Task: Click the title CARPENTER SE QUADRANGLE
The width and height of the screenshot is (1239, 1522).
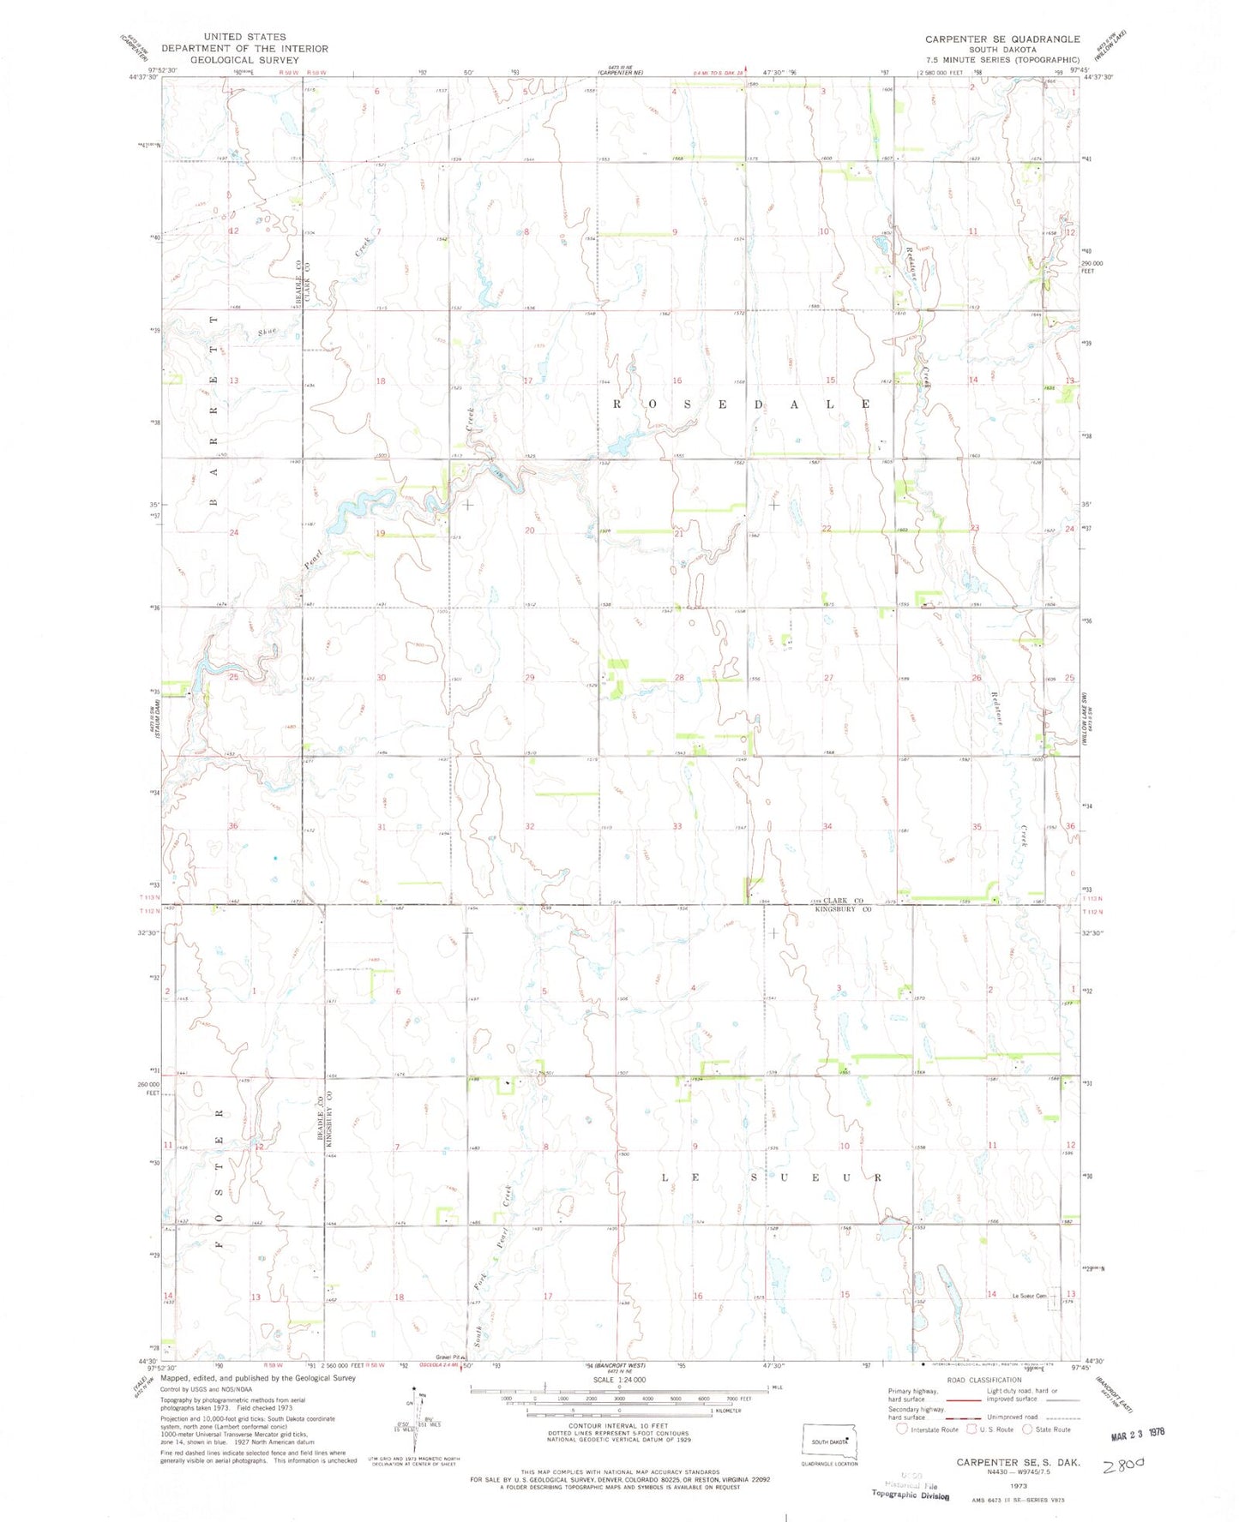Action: click(1001, 39)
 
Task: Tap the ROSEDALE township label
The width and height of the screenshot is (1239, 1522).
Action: click(743, 403)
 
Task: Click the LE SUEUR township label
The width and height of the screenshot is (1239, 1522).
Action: click(772, 1177)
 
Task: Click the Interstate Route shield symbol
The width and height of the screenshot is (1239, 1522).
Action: click(901, 1429)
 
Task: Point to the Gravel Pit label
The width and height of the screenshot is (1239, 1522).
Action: click(448, 1357)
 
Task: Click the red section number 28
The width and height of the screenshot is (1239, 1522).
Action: click(679, 678)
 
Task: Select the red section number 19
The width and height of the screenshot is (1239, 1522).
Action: click(380, 533)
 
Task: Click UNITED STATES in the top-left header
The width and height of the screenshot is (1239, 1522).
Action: click(244, 37)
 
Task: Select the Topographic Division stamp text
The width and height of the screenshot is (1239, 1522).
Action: click(911, 1495)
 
